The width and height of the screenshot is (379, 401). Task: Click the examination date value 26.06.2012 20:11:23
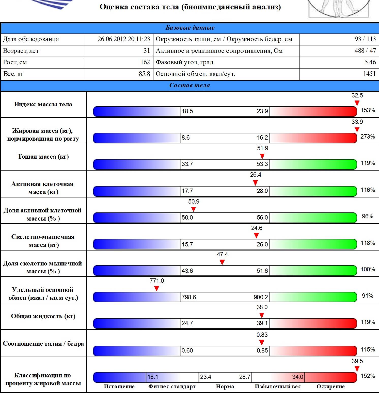click(123, 39)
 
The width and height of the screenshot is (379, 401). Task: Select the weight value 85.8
click(144, 74)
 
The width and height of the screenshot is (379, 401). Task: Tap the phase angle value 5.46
click(370, 62)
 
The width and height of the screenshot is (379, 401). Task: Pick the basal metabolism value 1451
click(369, 74)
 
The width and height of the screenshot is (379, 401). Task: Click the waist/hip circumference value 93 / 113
click(365, 39)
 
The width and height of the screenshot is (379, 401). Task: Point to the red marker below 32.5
click(357, 103)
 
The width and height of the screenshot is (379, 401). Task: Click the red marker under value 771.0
click(157, 289)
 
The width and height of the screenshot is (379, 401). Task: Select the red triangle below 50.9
click(194, 209)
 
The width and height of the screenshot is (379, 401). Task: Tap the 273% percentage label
click(368, 137)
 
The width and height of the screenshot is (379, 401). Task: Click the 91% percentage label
click(367, 296)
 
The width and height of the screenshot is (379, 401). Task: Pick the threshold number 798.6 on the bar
click(189, 297)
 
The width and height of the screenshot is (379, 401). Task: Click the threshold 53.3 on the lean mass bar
click(262, 164)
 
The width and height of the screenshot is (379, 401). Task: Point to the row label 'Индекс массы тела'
click(43, 104)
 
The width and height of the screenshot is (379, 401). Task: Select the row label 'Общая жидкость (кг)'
click(43, 316)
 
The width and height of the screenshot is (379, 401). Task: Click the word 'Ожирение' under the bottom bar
click(330, 387)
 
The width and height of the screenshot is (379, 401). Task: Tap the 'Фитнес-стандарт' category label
click(172, 387)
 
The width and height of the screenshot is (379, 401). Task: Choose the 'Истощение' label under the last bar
click(119, 387)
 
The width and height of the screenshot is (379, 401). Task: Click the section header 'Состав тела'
click(189, 85)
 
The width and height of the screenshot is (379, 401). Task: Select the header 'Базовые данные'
click(190, 28)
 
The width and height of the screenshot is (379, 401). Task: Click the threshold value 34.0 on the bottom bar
click(297, 377)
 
